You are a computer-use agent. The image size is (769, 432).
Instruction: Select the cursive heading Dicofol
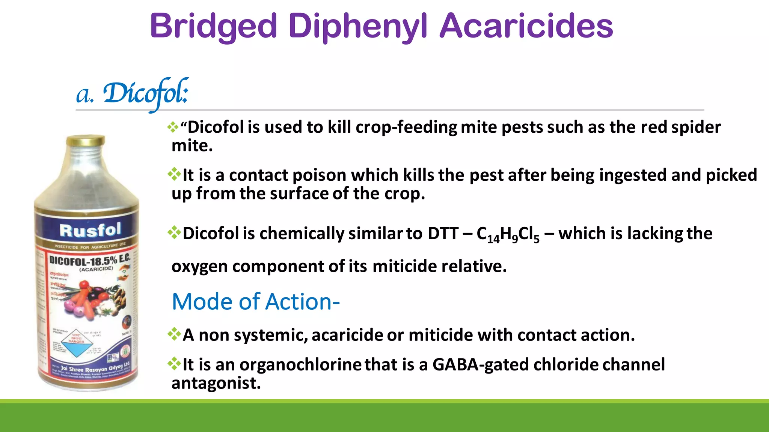145,94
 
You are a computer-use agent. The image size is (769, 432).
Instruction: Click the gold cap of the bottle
86,141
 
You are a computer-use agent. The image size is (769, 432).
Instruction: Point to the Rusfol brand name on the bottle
90,230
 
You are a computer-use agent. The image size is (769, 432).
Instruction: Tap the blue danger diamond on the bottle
77,345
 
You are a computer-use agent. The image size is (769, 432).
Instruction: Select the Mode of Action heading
256,301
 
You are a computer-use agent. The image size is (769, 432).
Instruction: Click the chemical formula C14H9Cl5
508,234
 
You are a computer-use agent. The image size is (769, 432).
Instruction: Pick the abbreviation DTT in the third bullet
443,234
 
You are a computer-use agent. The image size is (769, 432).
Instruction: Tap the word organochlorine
300,364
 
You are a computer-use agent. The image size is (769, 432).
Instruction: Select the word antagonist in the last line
216,383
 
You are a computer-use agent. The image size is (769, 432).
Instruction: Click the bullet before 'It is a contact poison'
174,174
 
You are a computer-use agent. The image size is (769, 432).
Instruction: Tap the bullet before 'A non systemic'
174,334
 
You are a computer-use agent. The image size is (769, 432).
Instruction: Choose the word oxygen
199,267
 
